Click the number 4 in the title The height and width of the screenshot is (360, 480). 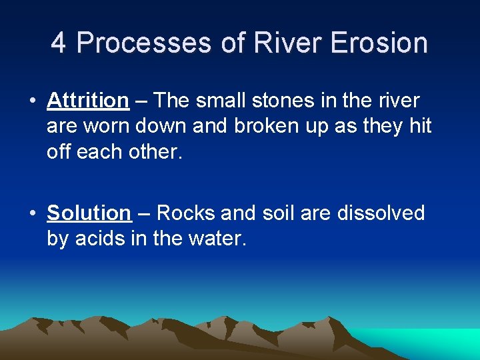pos(59,43)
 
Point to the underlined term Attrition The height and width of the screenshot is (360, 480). pos(87,101)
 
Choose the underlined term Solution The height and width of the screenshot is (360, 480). pos(89,213)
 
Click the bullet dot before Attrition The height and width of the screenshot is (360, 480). pos(32,101)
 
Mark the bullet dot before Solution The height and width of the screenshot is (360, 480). pos(32,214)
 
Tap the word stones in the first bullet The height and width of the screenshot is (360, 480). pos(269,101)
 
